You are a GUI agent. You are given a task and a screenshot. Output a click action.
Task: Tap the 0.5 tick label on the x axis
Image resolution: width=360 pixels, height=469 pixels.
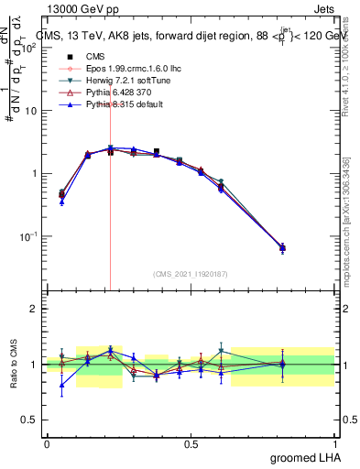point(191,443)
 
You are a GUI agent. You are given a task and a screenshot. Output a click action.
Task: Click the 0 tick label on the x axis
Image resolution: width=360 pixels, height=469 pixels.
point(47,443)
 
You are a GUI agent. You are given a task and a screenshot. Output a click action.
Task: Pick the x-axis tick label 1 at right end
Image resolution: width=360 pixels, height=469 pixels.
point(334,443)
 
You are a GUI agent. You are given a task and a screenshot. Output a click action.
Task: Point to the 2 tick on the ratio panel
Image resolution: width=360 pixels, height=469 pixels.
point(34,309)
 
